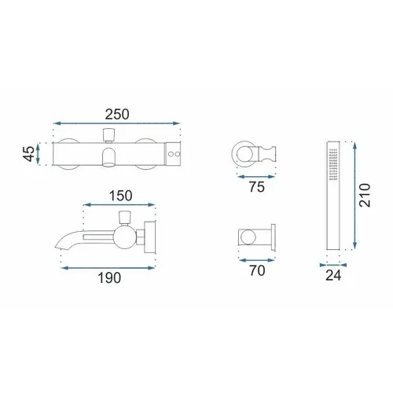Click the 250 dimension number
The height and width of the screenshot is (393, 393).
117,114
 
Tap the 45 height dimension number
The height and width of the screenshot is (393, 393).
28,154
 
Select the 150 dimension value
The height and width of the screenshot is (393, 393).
120,196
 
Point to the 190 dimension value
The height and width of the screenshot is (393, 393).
109,278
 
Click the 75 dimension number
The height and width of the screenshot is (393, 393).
257,187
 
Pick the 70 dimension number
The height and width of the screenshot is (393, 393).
257,270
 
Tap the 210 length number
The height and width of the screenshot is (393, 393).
365,196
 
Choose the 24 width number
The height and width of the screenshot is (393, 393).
333,275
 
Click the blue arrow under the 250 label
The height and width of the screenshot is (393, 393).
116,123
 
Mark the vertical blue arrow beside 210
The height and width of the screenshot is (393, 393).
354,196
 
